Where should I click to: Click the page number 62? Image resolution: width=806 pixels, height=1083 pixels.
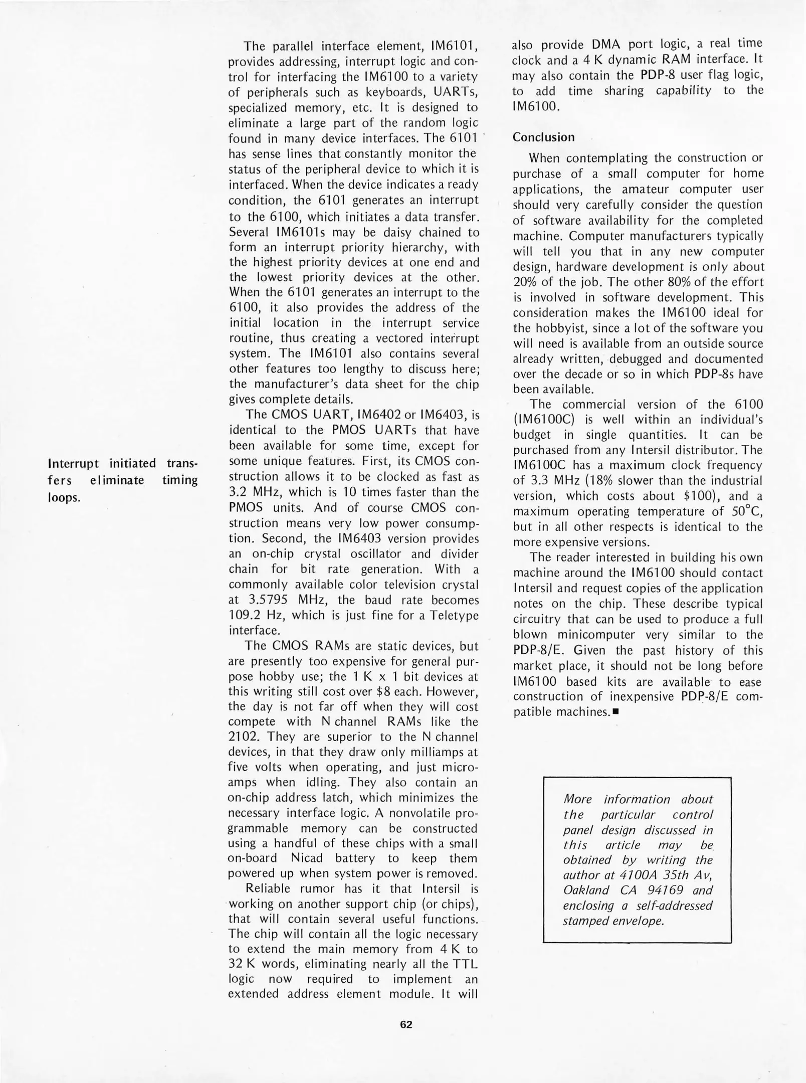(406, 1025)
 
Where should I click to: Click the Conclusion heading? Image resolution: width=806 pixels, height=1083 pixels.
(543, 137)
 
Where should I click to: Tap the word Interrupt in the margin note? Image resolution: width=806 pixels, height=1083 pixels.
(76, 463)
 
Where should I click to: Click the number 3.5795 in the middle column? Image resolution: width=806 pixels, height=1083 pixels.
(266, 600)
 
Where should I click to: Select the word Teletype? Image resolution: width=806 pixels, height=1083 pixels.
(455, 615)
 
